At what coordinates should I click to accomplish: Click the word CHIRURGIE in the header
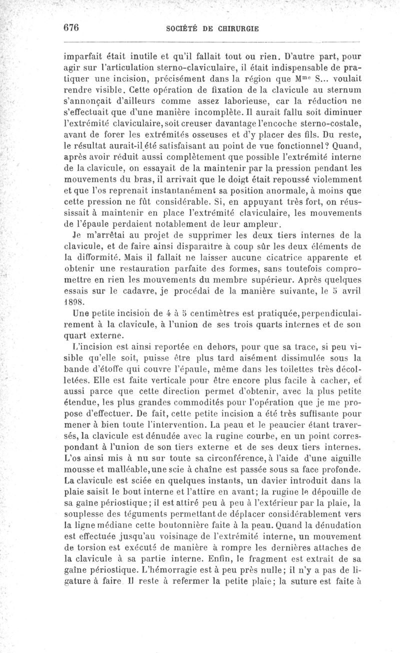point(234,29)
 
